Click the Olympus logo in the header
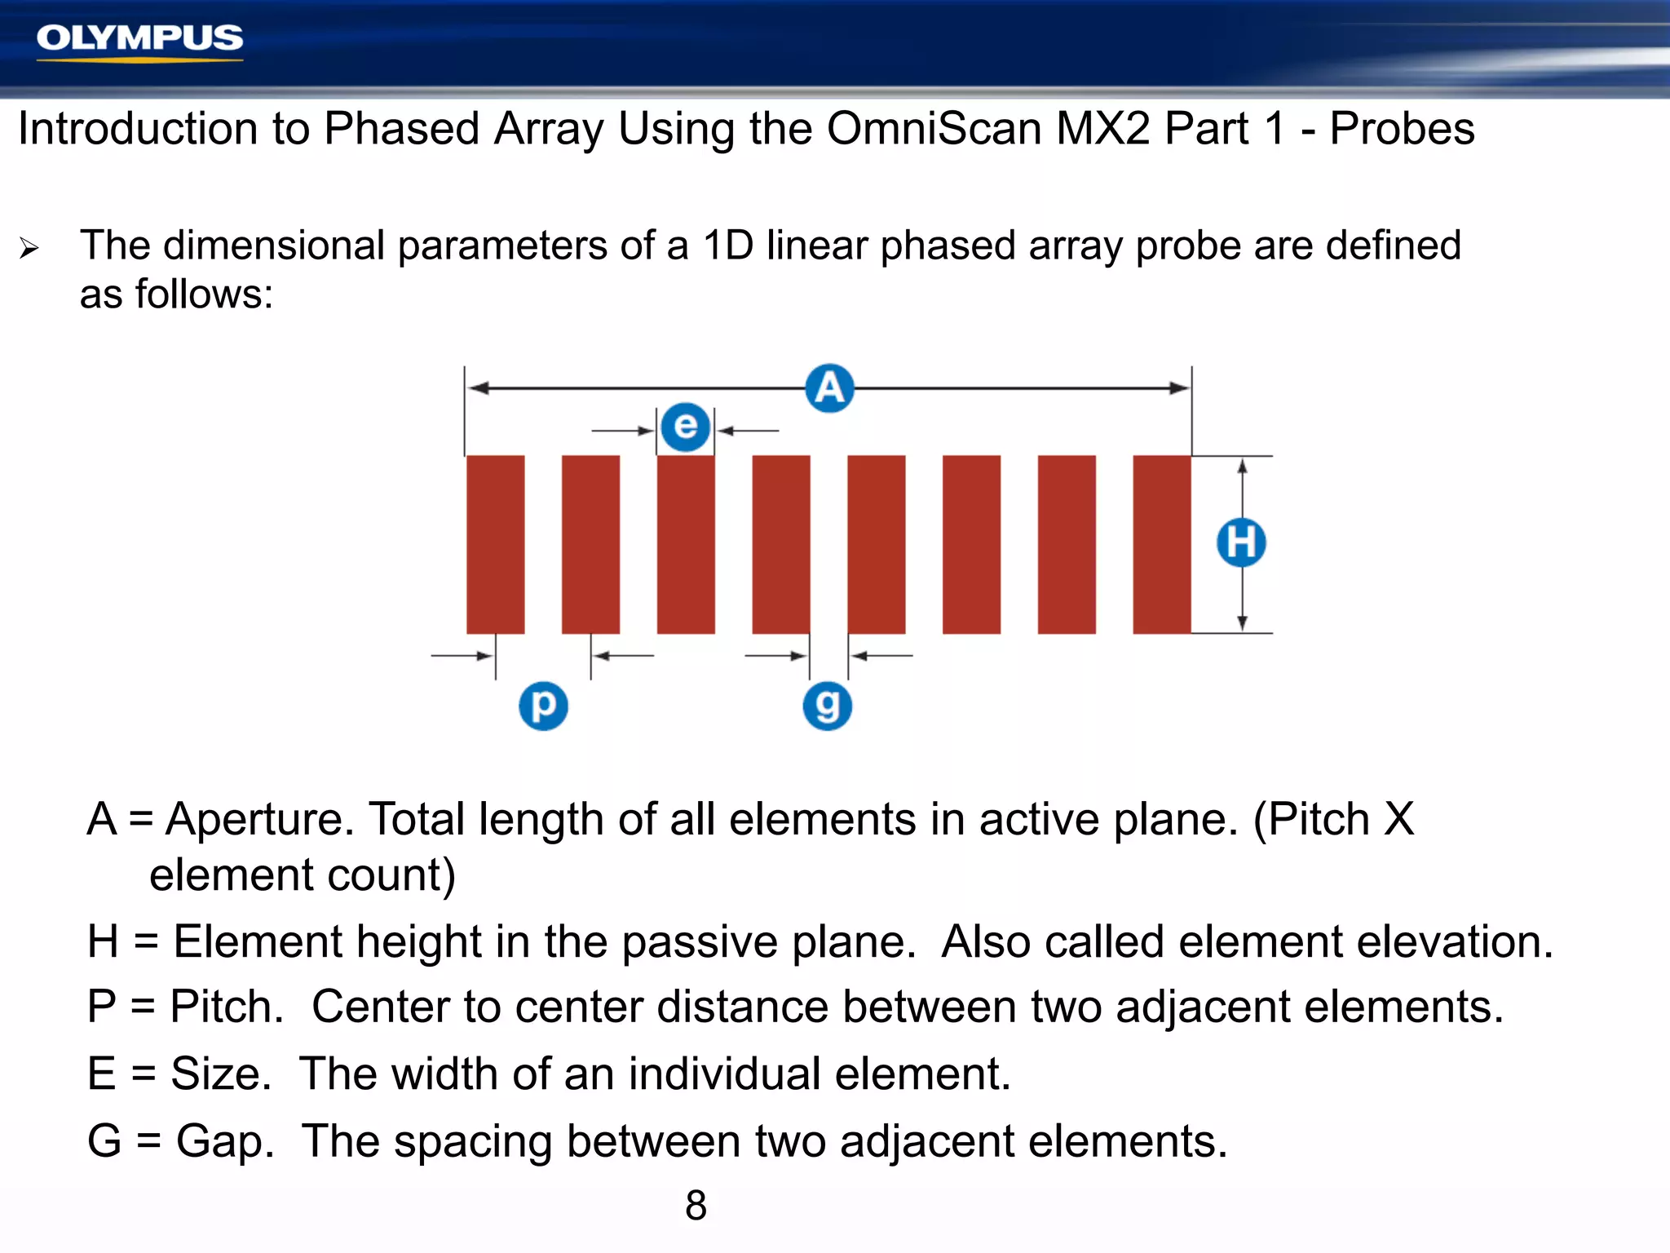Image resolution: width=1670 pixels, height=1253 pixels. (x=139, y=39)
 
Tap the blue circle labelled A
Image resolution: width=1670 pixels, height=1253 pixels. (x=829, y=388)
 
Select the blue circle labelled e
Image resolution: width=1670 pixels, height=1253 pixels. (x=685, y=427)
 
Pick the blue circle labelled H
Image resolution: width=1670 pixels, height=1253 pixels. (x=1241, y=542)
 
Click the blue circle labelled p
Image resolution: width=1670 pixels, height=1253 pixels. (x=543, y=706)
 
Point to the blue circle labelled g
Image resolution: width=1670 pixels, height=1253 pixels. (x=827, y=706)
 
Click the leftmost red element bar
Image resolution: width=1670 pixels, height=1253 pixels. (x=495, y=544)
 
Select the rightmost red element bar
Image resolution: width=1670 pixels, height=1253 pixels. (x=1161, y=544)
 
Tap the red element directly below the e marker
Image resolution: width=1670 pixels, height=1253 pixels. (x=686, y=544)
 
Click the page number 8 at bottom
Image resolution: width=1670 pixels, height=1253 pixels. (x=696, y=1205)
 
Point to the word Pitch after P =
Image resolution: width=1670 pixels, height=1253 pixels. (x=226, y=1007)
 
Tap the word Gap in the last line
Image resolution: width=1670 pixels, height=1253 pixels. (x=224, y=1141)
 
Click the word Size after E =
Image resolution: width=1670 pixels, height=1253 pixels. (x=220, y=1074)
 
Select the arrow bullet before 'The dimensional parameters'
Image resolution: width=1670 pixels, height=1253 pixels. (x=29, y=248)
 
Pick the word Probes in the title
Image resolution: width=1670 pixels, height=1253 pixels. (x=1402, y=129)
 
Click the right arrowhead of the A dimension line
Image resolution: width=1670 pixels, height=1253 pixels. (x=1180, y=388)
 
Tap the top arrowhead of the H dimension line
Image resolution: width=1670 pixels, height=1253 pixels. (x=1242, y=466)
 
